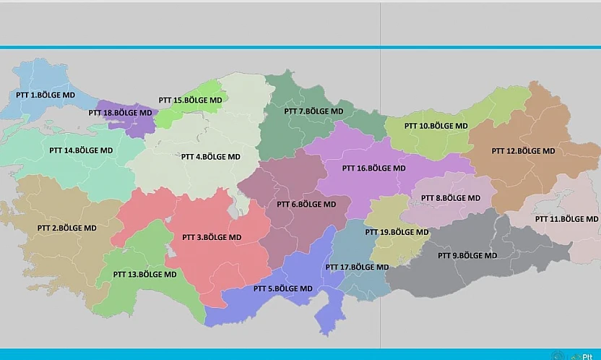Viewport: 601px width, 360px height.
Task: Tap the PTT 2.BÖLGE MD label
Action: [x=66, y=228]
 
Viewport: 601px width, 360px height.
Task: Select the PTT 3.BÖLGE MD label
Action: [x=212, y=237]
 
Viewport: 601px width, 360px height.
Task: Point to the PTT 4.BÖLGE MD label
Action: [x=210, y=156]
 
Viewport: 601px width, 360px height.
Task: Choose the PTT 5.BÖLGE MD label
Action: [x=283, y=288]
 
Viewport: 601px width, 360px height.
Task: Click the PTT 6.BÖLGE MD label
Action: [x=306, y=205]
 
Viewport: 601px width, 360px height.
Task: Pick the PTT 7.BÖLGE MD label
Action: [x=314, y=111]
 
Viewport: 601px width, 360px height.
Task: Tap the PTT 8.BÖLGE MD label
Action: [x=450, y=197]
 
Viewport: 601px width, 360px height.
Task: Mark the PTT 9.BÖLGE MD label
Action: [x=467, y=255]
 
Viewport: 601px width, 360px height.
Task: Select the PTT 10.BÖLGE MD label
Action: [x=436, y=126]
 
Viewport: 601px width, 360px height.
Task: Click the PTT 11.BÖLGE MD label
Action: [x=566, y=218]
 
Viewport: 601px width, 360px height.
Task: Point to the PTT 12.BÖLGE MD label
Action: [x=523, y=151]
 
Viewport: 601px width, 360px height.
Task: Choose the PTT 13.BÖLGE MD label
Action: [x=144, y=275]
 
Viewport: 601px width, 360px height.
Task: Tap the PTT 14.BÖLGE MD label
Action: [x=81, y=150]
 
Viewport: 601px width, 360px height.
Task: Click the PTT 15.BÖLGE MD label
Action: [x=191, y=100]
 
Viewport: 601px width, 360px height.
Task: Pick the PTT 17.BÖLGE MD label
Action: [x=357, y=267]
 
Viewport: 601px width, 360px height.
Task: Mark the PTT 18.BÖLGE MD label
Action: [x=121, y=113]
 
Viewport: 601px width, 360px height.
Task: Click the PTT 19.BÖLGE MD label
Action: [x=397, y=232]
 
